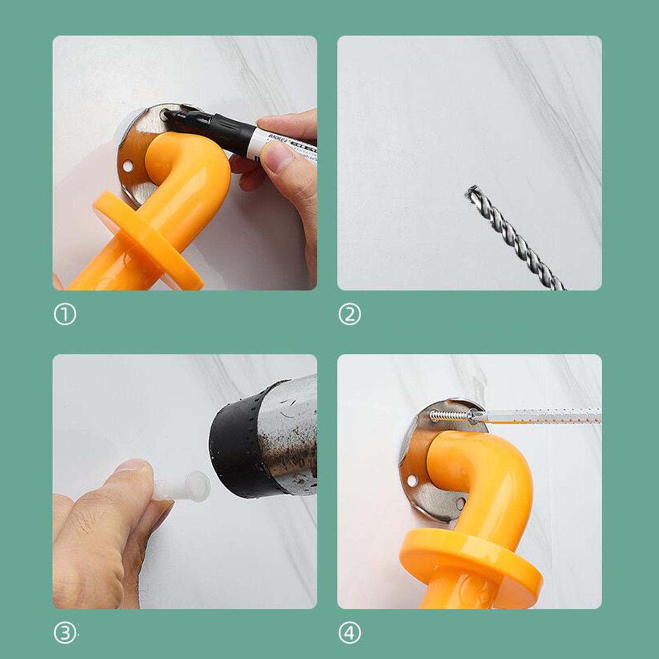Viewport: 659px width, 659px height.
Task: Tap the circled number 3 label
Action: (65, 633)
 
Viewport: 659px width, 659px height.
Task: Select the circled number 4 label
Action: (349, 633)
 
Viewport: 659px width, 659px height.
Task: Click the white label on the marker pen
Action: (284, 144)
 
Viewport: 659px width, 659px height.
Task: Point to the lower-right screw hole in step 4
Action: (460, 503)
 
